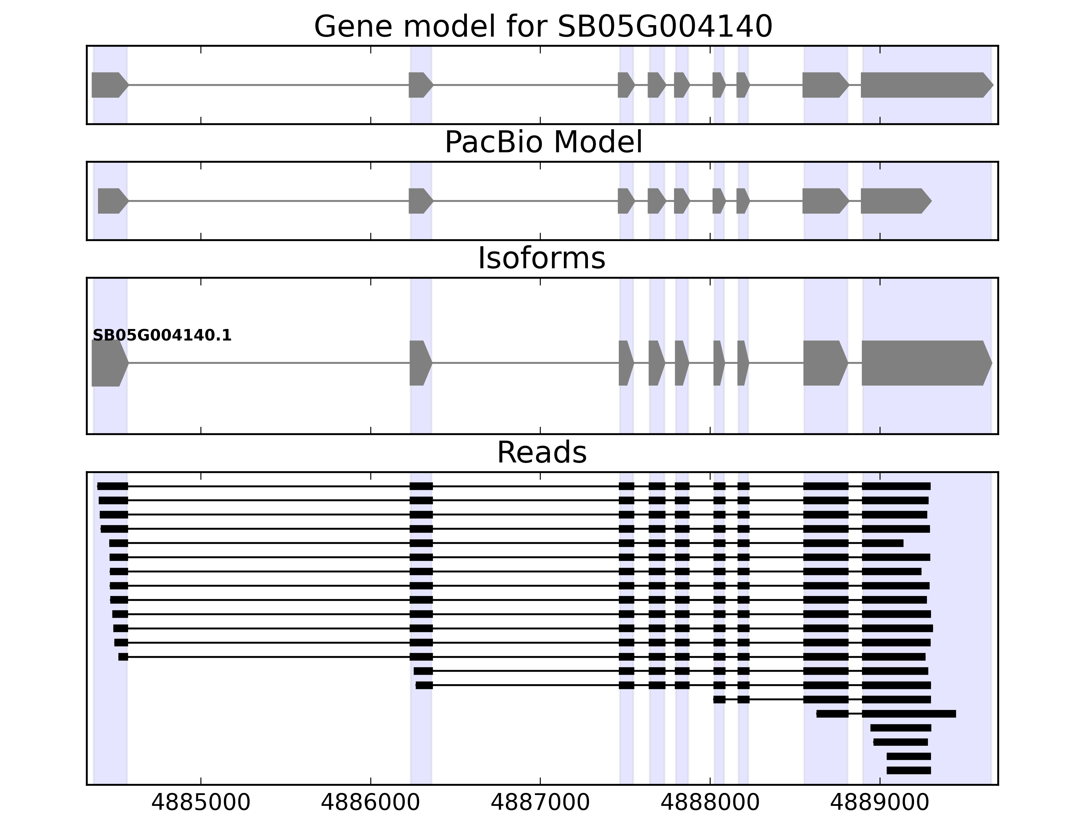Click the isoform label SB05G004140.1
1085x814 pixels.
click(162, 336)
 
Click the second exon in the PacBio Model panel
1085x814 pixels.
click(420, 201)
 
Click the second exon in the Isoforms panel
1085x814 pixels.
click(420, 363)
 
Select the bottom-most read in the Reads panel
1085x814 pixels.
click(908, 770)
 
